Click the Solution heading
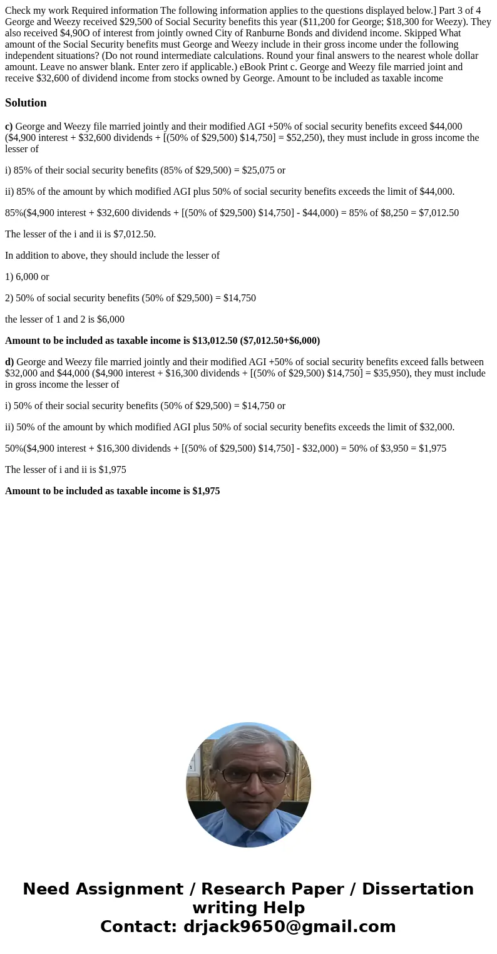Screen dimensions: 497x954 tap(26, 103)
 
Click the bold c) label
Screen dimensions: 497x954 tap(9, 127)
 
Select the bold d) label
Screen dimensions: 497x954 tap(9, 362)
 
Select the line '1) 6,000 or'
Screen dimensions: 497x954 tap(27, 277)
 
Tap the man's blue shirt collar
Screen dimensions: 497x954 tap(248, 821)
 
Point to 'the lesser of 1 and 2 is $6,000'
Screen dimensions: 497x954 tap(64, 319)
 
